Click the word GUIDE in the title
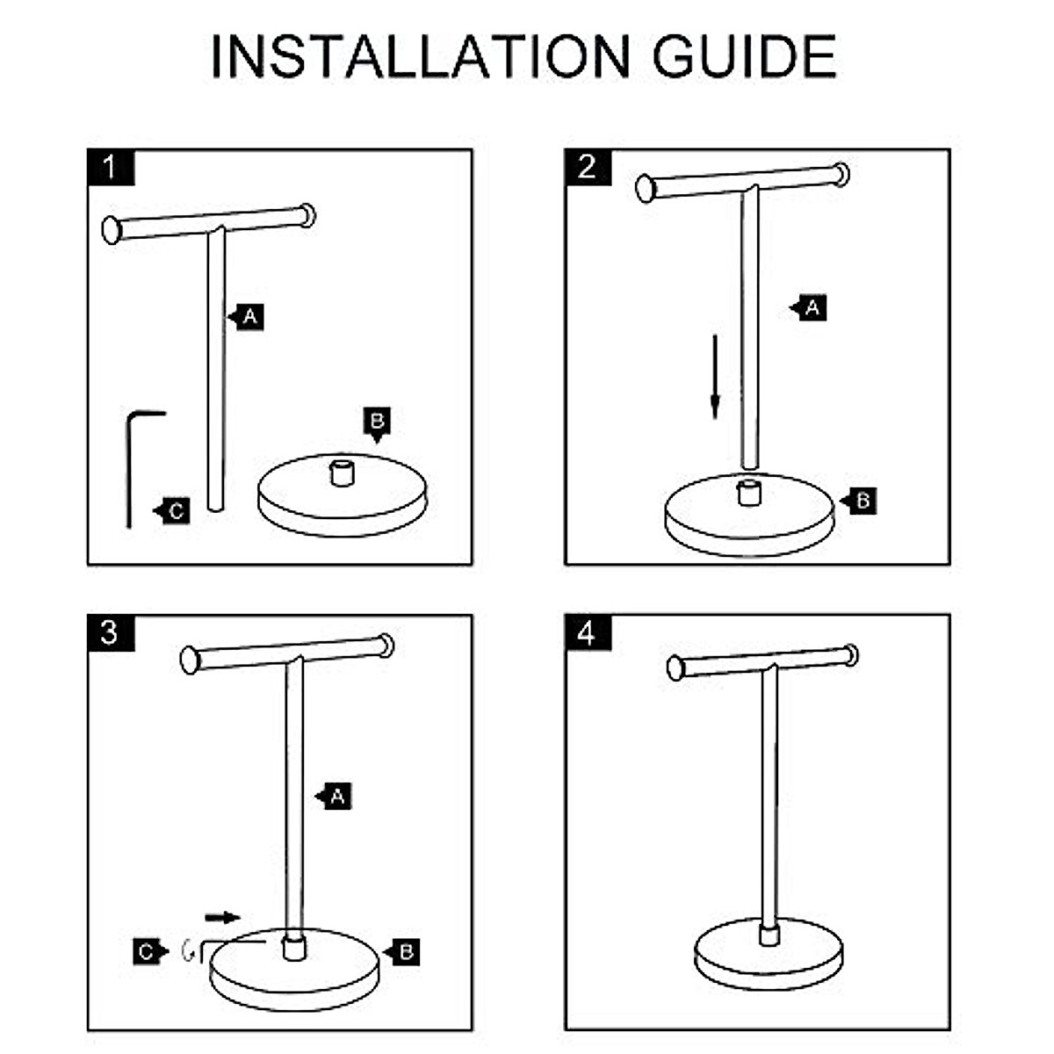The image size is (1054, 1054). click(744, 57)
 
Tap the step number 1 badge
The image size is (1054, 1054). click(111, 167)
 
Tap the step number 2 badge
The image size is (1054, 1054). click(588, 167)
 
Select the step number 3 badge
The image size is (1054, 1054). click(111, 632)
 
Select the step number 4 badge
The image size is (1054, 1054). click(588, 632)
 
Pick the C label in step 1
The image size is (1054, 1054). click(177, 511)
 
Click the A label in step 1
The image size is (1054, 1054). click(249, 316)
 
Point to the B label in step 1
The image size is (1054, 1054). click(377, 422)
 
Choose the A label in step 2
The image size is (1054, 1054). click(812, 308)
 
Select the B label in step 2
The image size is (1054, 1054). click(863, 501)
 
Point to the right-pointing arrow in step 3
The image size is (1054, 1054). click(222, 918)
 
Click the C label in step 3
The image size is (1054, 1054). click(147, 951)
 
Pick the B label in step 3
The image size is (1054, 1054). click(406, 951)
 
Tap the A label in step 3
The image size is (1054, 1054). click(337, 797)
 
